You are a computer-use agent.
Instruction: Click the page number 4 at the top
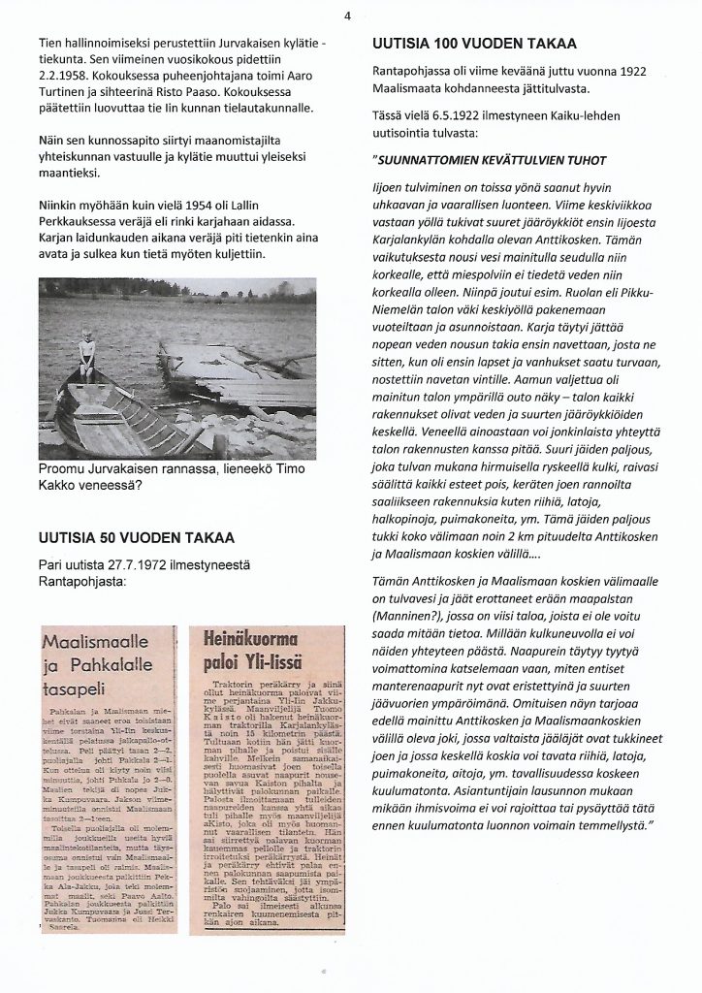coord(347,15)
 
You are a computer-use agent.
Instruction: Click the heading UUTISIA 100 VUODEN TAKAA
coord(474,44)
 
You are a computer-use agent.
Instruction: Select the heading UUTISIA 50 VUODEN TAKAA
coord(135,537)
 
